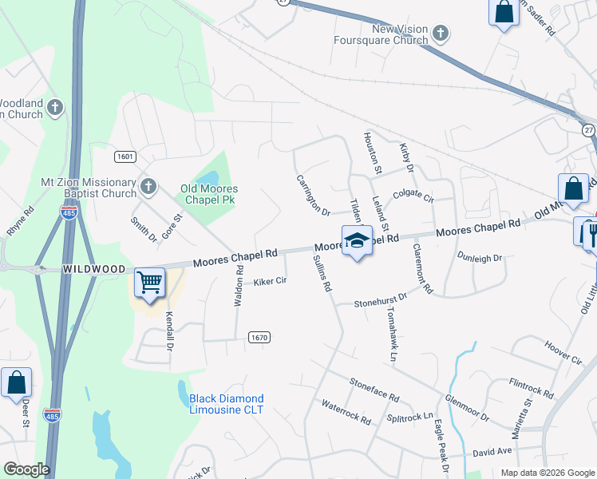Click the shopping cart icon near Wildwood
pos(150,283)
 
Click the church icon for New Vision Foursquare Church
pos(440,34)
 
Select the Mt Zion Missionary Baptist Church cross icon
pos(148,188)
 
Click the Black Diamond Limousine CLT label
pos(226,404)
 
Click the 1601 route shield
pos(124,156)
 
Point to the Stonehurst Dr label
pos(381,299)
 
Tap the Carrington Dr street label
pos(313,196)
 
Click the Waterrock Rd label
pos(346,413)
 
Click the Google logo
pos(26,469)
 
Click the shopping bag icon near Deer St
pos(17,383)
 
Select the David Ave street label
pos(492,452)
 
